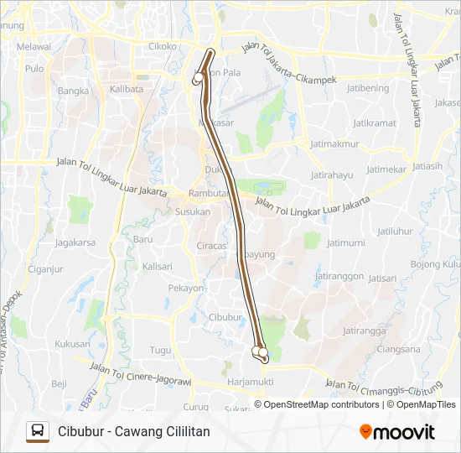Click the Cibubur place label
[225, 317]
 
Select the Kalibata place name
[126, 89]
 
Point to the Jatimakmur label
[334, 143]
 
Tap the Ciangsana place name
[398, 349]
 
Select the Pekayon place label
[186, 288]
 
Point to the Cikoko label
[162, 46]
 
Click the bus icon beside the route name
[38, 431]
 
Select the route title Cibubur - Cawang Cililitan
[134, 431]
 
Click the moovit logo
[397, 431]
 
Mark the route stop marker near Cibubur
[262, 352]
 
